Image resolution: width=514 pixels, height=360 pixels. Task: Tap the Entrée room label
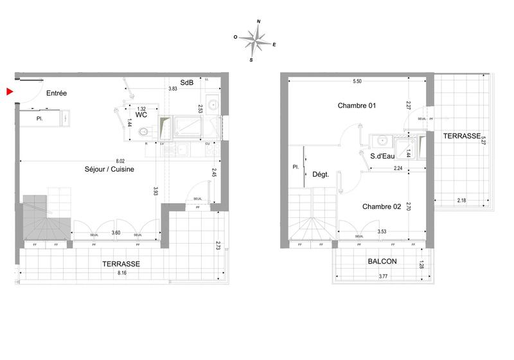tap(57, 94)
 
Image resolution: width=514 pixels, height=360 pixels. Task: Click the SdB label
tap(187, 83)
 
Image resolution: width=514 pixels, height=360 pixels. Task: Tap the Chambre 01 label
tap(356, 105)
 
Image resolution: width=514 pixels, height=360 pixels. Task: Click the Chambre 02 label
tap(382, 206)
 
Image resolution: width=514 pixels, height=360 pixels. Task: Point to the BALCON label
tap(382, 262)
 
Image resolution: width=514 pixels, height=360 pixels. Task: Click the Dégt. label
tap(321, 174)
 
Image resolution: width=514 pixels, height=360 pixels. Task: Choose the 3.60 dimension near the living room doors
tap(116, 233)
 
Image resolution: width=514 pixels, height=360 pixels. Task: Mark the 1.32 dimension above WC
tap(141, 109)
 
